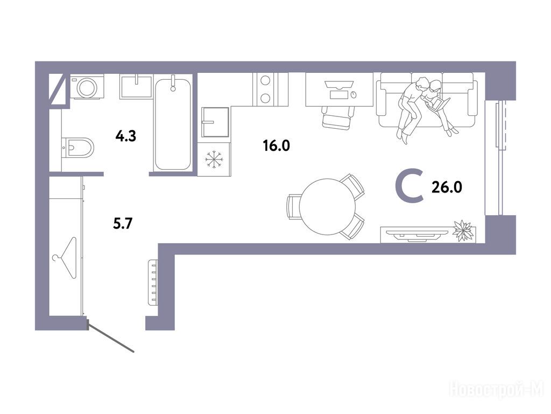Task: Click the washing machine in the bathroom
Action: tap(87, 87)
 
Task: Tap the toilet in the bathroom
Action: tap(77, 148)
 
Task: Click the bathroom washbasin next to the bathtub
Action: tap(136, 86)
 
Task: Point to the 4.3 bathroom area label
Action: tap(126, 136)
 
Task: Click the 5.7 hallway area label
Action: tap(123, 223)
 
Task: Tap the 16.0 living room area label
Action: tap(277, 145)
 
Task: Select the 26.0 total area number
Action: tap(447, 187)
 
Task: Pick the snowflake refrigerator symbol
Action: tap(214, 159)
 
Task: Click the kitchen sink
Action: tap(215, 122)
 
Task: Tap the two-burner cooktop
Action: tap(265, 89)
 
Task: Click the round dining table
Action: tap(328, 206)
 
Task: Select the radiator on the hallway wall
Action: tap(153, 282)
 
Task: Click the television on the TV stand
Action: tap(417, 234)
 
